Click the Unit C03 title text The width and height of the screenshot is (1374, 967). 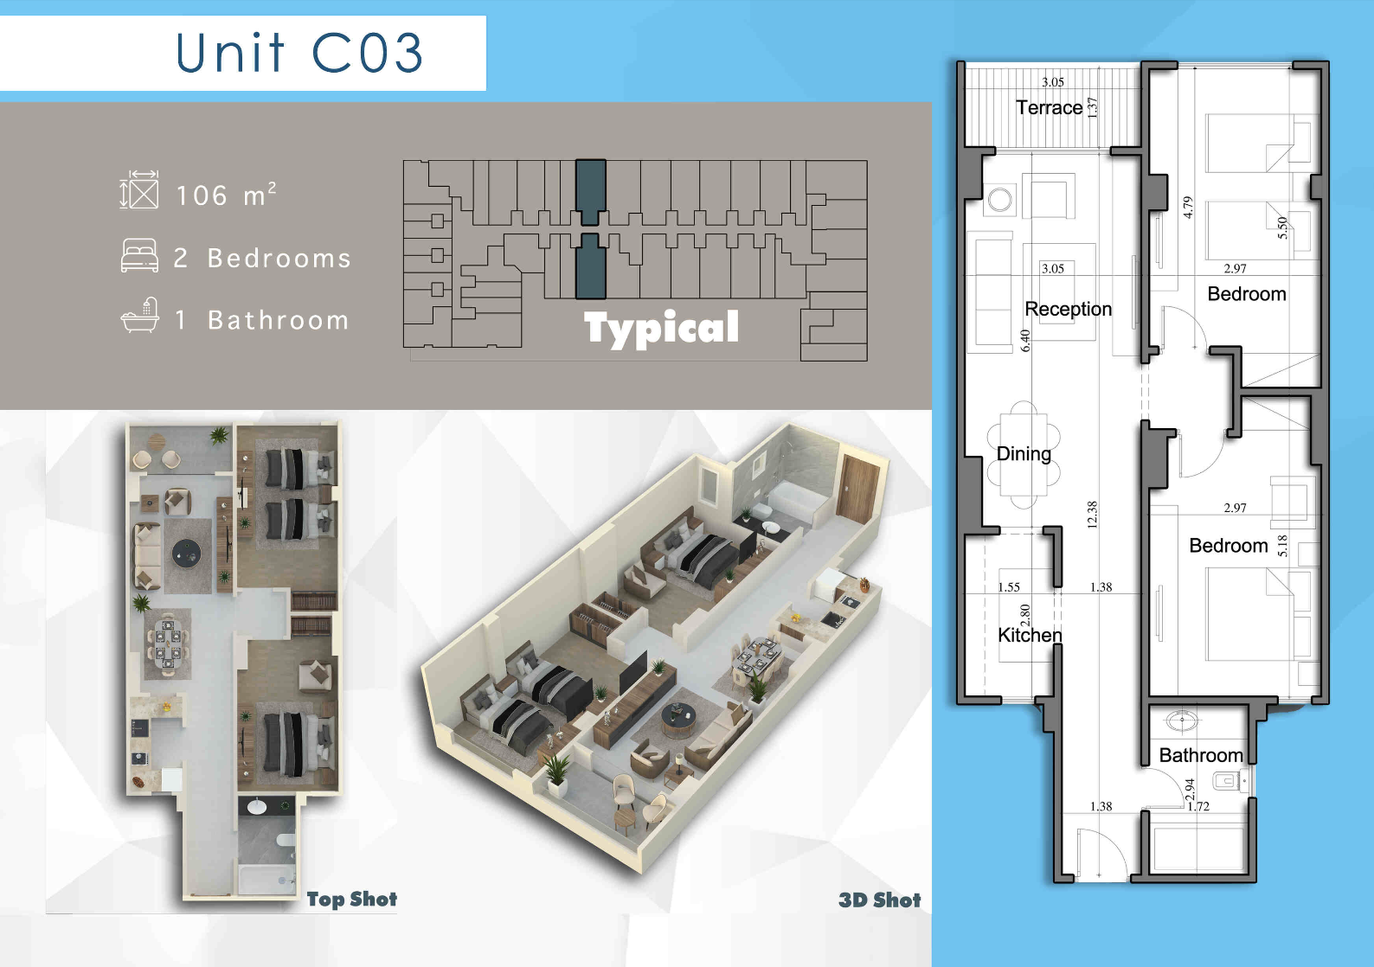pyautogui.click(x=299, y=53)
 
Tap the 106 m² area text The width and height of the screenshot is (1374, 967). pyautogui.click(x=227, y=195)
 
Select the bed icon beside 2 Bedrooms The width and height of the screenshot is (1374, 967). pyautogui.click(x=139, y=255)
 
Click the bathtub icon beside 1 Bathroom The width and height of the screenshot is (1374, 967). pyautogui.click(x=140, y=315)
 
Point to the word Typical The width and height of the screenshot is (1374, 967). pyautogui.click(x=661, y=329)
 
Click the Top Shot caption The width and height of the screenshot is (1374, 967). pyautogui.click(x=352, y=899)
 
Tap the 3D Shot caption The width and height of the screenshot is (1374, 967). pyautogui.click(x=880, y=900)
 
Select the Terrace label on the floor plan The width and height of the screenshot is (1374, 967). pyautogui.click(x=1049, y=108)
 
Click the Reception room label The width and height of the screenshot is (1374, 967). pyautogui.click(x=1068, y=309)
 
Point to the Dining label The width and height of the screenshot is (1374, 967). pyautogui.click(x=1024, y=454)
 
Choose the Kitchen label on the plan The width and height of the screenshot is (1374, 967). pyautogui.click(x=1030, y=635)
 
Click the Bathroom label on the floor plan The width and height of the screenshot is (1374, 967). pyautogui.click(x=1201, y=755)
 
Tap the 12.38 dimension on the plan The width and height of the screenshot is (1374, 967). pyautogui.click(x=1092, y=515)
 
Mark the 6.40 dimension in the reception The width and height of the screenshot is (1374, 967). pyautogui.click(x=1025, y=340)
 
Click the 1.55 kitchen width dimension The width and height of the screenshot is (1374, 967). pyautogui.click(x=1009, y=586)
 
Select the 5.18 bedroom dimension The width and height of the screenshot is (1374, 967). pyautogui.click(x=1282, y=545)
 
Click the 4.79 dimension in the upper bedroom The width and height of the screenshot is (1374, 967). pyautogui.click(x=1187, y=208)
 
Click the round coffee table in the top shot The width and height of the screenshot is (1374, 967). pyautogui.click(x=187, y=554)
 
